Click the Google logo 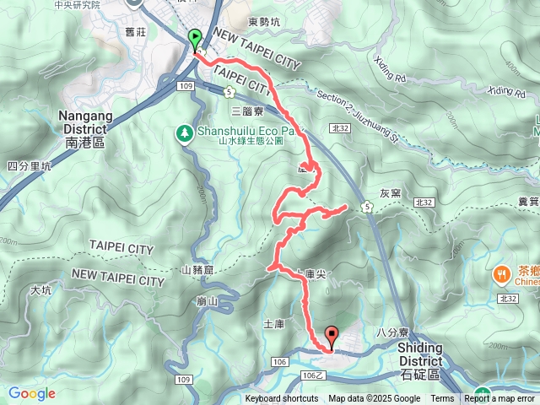(32, 393)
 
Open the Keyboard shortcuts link (282, 399)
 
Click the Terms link (442, 399)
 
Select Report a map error (499, 399)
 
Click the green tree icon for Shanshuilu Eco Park (184, 132)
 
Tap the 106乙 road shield (314, 375)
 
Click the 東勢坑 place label (265, 23)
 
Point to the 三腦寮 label (247, 111)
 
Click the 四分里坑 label (29, 166)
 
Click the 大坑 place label (40, 290)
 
